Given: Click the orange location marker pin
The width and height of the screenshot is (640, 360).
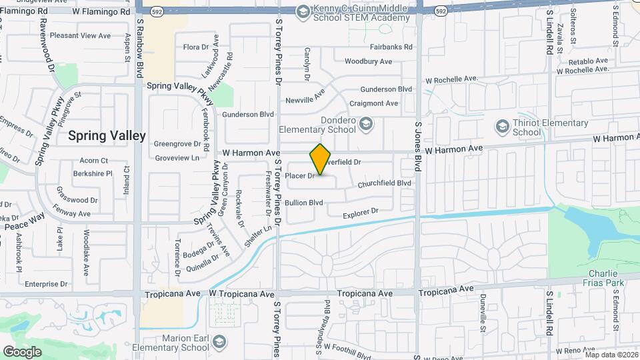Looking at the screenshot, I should click(x=321, y=160).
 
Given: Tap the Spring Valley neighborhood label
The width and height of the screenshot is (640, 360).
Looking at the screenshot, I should click(x=107, y=135).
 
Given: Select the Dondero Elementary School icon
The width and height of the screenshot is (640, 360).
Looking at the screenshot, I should click(x=365, y=123).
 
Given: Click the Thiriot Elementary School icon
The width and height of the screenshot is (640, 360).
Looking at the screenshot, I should click(x=502, y=127).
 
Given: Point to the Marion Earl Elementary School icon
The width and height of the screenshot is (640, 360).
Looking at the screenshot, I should click(x=219, y=343).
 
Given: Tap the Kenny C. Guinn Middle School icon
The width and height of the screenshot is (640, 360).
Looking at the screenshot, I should click(x=303, y=12).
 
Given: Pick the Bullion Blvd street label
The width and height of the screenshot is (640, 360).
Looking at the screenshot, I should click(x=303, y=203).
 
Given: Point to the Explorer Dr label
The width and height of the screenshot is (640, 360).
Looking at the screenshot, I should click(x=360, y=213).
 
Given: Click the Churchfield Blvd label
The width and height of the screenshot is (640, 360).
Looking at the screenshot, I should click(x=384, y=183).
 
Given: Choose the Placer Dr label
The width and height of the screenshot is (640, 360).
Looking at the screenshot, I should click(x=299, y=176).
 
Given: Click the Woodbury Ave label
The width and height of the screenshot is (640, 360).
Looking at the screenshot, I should click(x=368, y=61).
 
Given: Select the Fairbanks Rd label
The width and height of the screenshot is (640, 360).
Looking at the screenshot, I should click(x=392, y=47).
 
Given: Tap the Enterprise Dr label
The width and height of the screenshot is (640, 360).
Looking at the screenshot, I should click(x=46, y=284).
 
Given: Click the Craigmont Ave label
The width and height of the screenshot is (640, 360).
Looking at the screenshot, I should click(x=374, y=103).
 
